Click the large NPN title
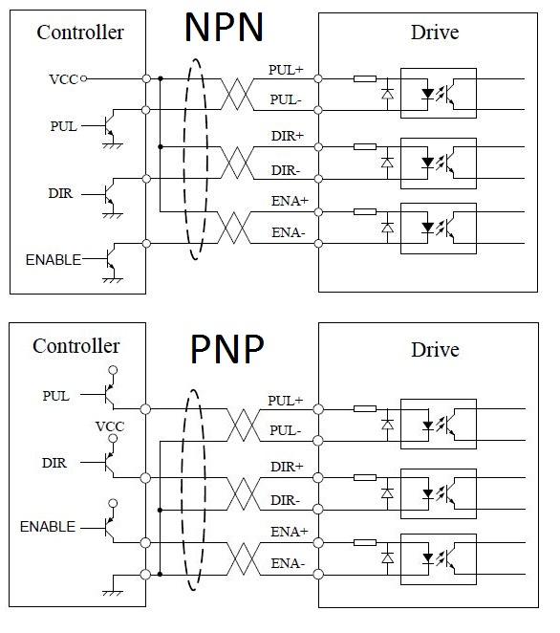click(224, 28)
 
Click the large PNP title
click(227, 349)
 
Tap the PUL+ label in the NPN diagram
click(286, 70)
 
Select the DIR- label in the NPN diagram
click(286, 170)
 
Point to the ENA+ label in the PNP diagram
click(289, 532)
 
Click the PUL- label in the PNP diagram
click(285, 430)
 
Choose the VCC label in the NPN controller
click(63, 79)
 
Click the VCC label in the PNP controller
click(110, 426)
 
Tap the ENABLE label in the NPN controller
click(54, 259)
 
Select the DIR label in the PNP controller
click(54, 463)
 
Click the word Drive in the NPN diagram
click(435, 33)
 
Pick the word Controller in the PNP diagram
click(76, 346)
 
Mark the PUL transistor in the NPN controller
click(109, 126)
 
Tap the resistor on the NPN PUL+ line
click(365, 78)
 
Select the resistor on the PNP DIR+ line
click(365, 477)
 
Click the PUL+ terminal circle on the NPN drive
click(318, 78)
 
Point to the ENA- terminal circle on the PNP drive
click(318, 574)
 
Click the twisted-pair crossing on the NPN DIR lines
click(237, 163)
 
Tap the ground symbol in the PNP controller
click(113, 593)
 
